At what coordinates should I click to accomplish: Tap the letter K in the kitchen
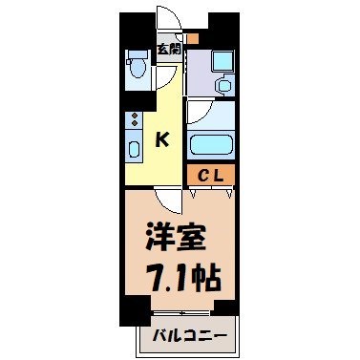point(162,139)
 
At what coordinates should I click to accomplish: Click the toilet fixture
point(135,68)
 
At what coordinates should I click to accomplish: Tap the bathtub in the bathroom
point(212,146)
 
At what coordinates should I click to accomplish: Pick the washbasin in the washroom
point(224,85)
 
